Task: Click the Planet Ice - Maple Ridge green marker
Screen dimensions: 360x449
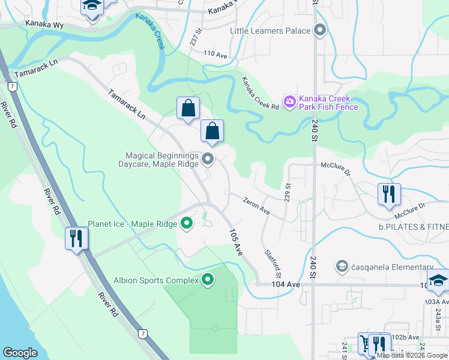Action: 187,224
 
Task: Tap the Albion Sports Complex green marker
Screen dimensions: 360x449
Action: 208,280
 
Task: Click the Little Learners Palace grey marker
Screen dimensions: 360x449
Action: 319,30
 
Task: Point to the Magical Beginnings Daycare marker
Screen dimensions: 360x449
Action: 208,159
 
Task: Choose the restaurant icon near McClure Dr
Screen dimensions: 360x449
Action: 389,193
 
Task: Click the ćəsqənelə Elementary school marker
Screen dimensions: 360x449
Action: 342,265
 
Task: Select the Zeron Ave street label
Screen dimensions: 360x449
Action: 256,206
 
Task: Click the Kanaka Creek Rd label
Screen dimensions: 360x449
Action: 261,93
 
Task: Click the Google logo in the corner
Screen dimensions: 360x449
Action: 20,353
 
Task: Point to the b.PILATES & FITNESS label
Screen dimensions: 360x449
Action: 414,227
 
